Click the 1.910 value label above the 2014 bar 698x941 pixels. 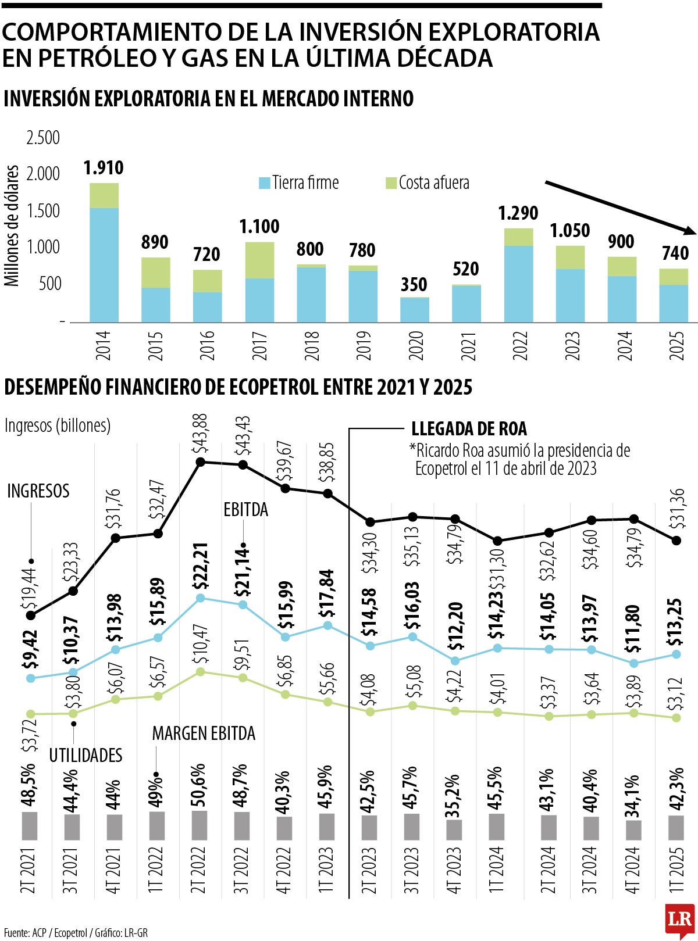(x=104, y=169)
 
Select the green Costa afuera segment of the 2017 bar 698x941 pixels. (x=259, y=260)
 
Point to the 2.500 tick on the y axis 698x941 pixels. (x=43, y=138)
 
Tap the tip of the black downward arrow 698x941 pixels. (x=693, y=232)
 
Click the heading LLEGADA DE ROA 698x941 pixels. (x=469, y=429)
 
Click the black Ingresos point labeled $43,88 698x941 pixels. (x=201, y=461)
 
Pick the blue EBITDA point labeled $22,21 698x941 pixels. (x=201, y=598)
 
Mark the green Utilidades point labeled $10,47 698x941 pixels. (x=201, y=671)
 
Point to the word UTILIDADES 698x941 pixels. (x=86, y=755)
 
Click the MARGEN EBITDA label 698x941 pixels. (x=204, y=734)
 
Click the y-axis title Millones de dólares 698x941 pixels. (x=12, y=226)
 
